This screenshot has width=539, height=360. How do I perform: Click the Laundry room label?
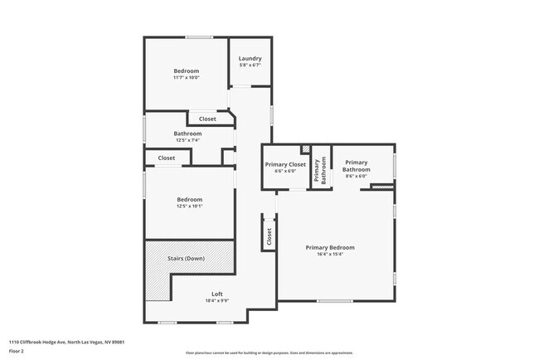[x=250, y=58]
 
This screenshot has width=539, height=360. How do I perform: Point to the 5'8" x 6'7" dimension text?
[x=250, y=66]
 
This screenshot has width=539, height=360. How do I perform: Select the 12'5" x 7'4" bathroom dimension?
[x=187, y=140]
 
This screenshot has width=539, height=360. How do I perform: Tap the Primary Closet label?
[x=285, y=164]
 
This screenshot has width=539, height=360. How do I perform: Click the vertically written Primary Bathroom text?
[x=321, y=168]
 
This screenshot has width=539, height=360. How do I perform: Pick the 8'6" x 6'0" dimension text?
[x=356, y=177]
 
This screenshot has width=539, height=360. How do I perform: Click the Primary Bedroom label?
[x=329, y=247]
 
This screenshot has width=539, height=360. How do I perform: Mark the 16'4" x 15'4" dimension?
[x=329, y=255]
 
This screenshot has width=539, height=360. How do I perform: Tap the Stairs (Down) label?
[x=186, y=259]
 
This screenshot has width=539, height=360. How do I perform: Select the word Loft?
[x=216, y=294]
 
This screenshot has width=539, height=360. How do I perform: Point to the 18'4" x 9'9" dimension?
[x=216, y=301]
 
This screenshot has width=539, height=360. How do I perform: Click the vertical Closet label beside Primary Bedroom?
[x=269, y=236]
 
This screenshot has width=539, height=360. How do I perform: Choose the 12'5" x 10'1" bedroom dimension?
[x=189, y=207]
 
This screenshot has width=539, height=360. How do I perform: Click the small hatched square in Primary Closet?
[x=306, y=149]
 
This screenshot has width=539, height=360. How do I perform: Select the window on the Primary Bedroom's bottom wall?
[x=334, y=300]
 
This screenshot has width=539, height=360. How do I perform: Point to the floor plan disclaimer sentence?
[x=269, y=353]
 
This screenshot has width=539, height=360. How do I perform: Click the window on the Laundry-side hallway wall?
[x=272, y=114]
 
